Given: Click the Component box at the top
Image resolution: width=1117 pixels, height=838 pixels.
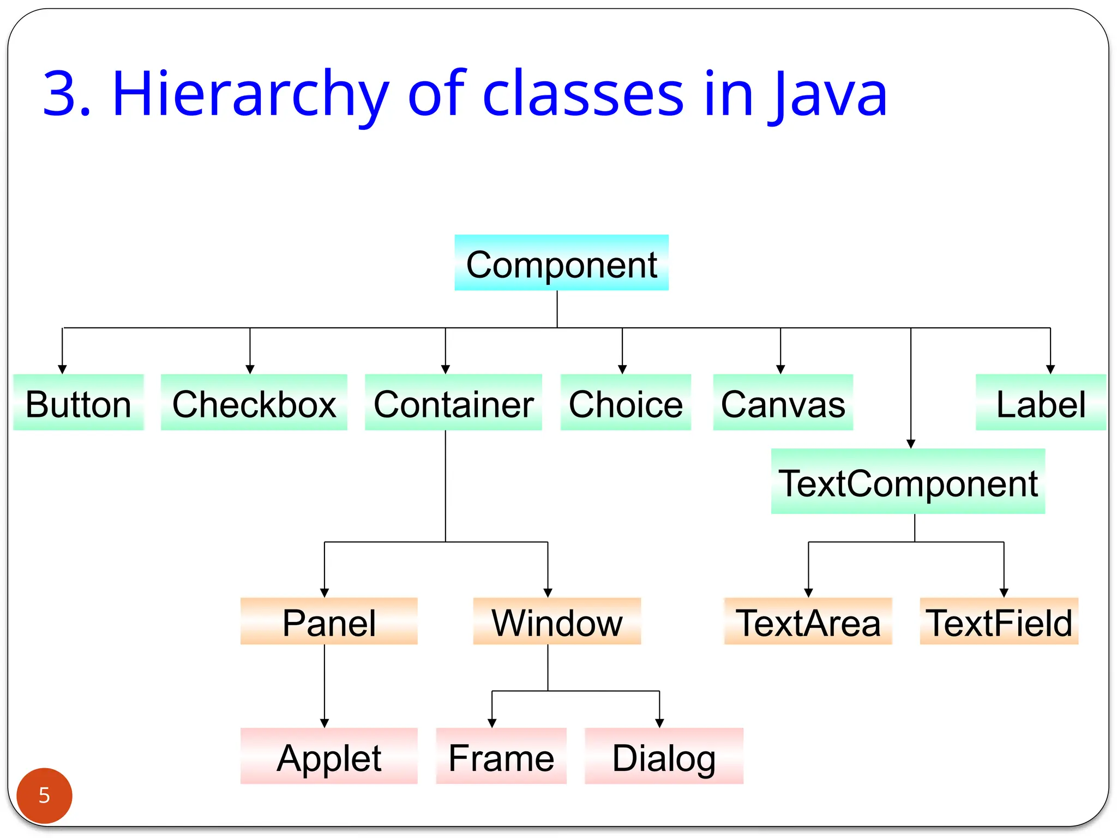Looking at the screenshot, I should [x=561, y=263].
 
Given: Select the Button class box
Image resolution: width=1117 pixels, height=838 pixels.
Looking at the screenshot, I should [x=78, y=403].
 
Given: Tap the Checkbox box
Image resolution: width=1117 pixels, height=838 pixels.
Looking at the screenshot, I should [x=254, y=403].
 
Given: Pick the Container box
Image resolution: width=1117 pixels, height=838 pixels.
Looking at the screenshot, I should [x=453, y=403].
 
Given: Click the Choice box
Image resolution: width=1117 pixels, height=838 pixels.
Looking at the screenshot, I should [x=626, y=403].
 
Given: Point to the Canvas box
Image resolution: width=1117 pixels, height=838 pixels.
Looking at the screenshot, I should [x=783, y=403].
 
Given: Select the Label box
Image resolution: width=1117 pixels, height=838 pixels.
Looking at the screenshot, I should [x=1040, y=403].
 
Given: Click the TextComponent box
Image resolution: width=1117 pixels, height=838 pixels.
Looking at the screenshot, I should [x=908, y=481].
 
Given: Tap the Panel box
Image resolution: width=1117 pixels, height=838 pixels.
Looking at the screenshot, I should [x=329, y=621].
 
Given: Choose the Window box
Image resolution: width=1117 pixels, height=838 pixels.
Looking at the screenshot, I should [x=557, y=621].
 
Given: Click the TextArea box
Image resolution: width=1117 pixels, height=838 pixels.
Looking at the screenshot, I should [x=808, y=621].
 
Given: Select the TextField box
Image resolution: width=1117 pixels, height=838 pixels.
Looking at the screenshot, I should [x=999, y=621].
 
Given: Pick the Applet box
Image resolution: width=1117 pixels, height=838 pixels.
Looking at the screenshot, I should [x=329, y=756].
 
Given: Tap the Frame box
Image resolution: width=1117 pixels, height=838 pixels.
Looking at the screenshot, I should [x=501, y=756].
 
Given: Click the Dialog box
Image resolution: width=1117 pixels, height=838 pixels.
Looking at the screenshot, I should [x=664, y=756].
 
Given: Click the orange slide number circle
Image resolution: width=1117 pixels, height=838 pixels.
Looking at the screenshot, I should [x=44, y=795].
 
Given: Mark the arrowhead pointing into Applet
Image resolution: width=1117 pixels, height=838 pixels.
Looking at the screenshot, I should [x=325, y=723].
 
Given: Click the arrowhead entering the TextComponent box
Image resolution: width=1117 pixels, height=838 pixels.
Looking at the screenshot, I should [x=911, y=444].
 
